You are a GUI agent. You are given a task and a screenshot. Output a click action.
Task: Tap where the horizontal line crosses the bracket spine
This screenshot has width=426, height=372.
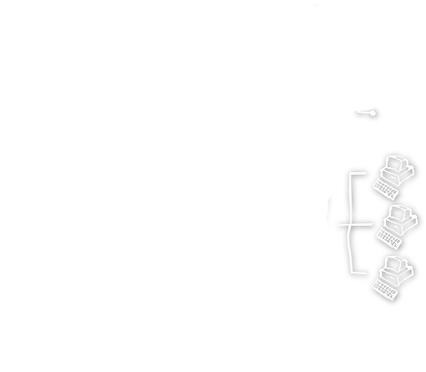(x=350, y=226)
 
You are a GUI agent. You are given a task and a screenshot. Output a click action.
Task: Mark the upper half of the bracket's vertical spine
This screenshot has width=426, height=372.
(x=350, y=197)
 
